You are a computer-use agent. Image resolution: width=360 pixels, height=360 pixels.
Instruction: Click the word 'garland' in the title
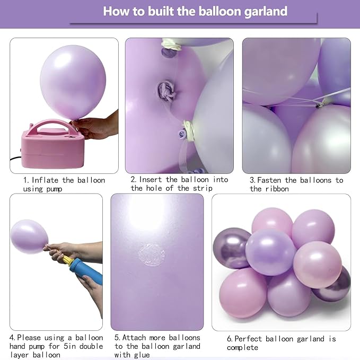262,11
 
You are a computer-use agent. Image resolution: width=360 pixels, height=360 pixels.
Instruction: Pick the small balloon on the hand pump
29,236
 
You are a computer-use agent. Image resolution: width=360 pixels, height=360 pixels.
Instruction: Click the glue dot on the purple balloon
151,255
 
